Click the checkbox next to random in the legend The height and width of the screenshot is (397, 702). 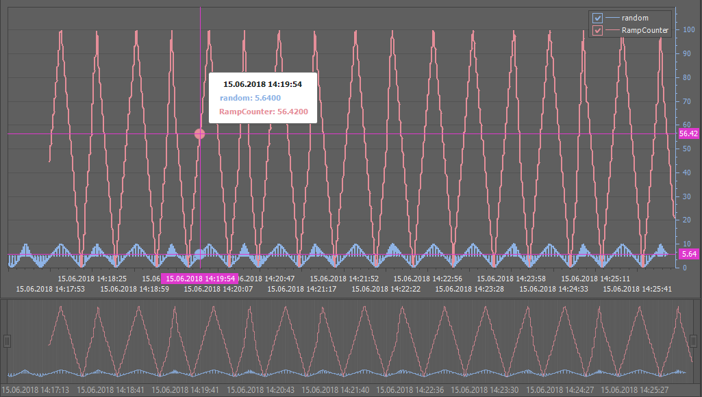(x=597, y=18)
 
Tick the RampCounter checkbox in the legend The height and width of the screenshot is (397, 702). (x=597, y=31)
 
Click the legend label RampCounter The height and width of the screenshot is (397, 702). (x=644, y=31)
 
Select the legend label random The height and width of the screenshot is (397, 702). (x=635, y=18)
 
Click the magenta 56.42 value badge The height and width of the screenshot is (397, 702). (x=688, y=134)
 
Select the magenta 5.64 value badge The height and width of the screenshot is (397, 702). (x=688, y=254)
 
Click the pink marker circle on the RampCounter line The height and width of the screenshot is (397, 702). (x=200, y=134)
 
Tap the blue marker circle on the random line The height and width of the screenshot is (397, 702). (x=200, y=255)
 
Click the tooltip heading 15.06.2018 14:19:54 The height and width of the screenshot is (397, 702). (x=262, y=84)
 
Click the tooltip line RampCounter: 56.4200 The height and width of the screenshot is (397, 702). (x=263, y=111)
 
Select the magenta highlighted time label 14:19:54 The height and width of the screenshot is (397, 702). (x=200, y=279)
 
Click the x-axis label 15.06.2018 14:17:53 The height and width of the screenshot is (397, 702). (x=50, y=289)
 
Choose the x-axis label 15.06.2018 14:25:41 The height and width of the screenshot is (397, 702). (x=637, y=289)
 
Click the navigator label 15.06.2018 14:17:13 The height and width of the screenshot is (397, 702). (x=35, y=389)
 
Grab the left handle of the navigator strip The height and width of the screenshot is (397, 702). (x=7, y=341)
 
